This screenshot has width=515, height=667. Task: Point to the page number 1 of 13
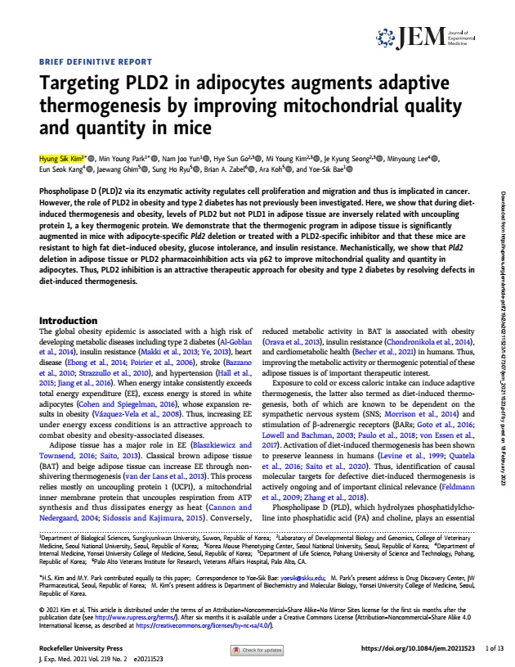494,648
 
